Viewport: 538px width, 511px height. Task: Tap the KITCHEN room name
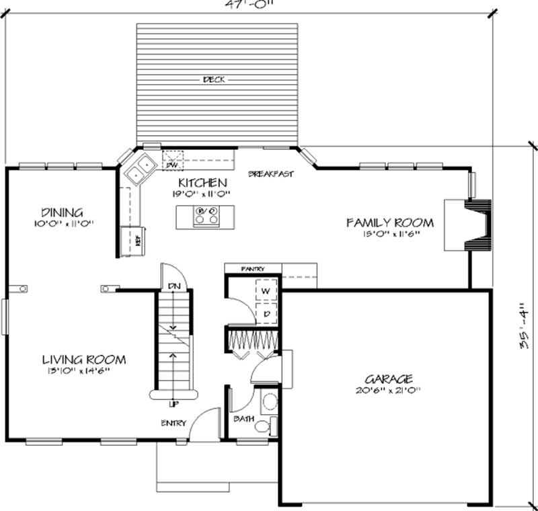(x=202, y=183)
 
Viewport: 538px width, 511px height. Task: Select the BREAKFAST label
(x=271, y=174)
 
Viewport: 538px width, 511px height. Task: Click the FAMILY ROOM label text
(x=390, y=223)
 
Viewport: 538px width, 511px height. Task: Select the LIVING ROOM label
(x=84, y=360)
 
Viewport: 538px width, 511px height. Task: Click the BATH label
(x=243, y=419)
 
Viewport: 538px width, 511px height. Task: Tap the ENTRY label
(x=174, y=423)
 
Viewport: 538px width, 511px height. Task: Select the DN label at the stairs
(x=174, y=286)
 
